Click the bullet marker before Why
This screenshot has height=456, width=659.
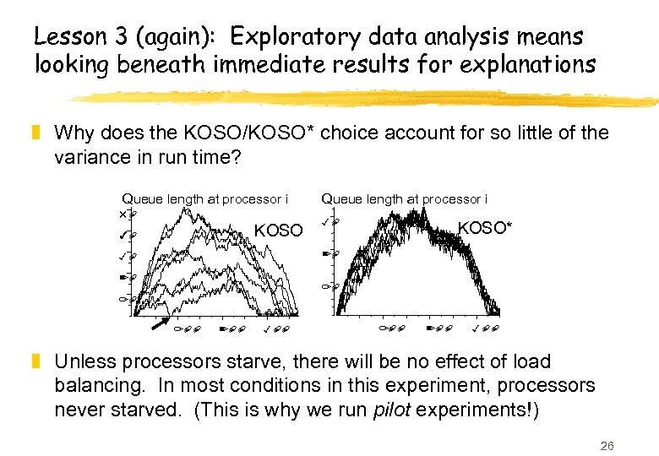[x=37, y=133]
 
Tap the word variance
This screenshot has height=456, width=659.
[x=90, y=157]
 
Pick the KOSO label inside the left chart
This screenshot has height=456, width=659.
[x=278, y=230]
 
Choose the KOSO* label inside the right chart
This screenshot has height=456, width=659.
[x=484, y=227]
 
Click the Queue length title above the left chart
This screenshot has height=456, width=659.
[x=205, y=199]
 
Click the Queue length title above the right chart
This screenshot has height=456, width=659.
[x=404, y=199]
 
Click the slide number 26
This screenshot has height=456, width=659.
[x=606, y=444]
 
